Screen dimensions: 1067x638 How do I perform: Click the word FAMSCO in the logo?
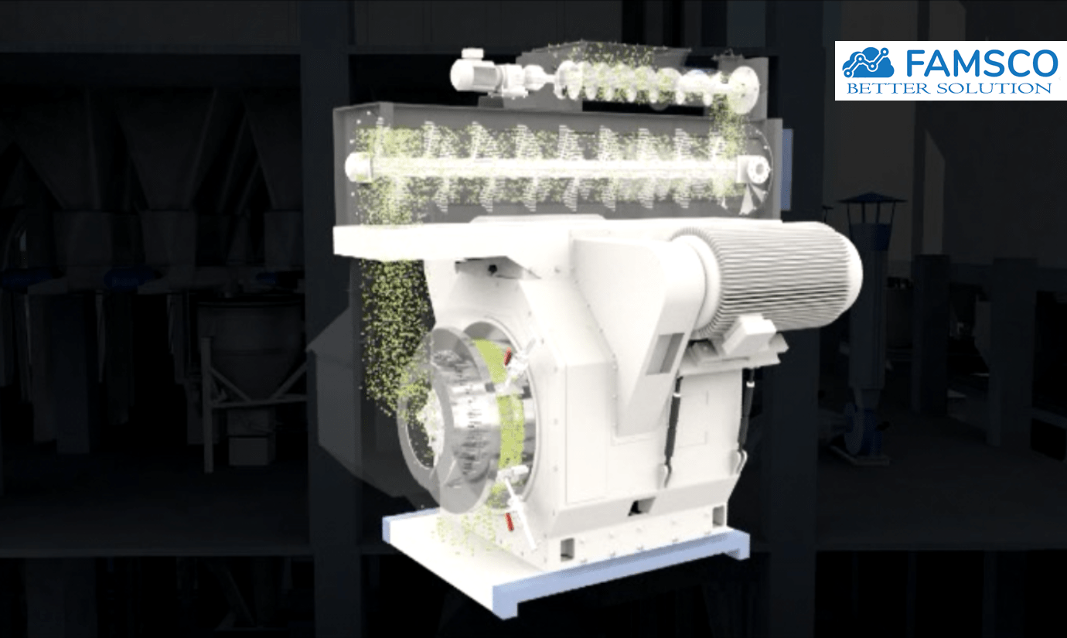[x=982, y=63]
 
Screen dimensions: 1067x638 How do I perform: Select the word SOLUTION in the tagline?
[x=994, y=89]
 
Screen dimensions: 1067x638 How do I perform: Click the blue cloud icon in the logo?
[x=868, y=63]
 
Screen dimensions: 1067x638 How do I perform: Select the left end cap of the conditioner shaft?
[x=359, y=167]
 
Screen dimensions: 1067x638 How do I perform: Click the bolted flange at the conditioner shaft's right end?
[x=754, y=169]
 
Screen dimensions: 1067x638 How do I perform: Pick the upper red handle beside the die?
[x=508, y=357]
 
